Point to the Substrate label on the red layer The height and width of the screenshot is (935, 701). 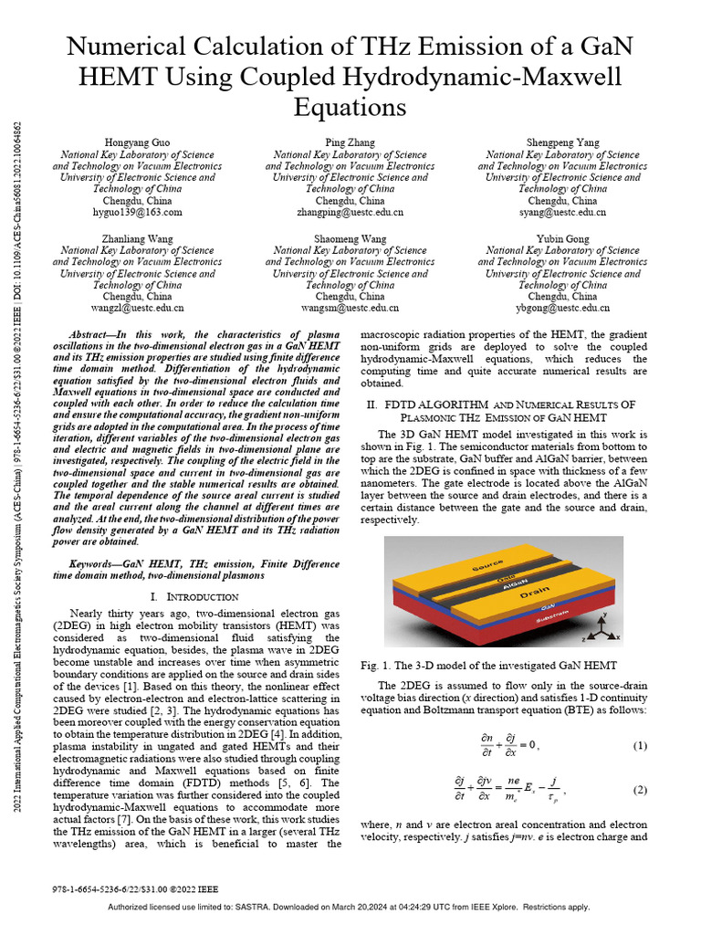[x=566, y=620]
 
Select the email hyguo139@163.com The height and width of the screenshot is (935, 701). [x=138, y=212]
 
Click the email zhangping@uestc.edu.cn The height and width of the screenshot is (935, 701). [x=350, y=212]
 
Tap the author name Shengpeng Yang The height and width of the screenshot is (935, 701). [x=562, y=143]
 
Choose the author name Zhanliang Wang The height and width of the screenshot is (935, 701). [x=138, y=238]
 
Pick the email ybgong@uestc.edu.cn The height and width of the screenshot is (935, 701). [x=562, y=309]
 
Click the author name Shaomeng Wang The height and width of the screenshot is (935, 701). [x=350, y=238]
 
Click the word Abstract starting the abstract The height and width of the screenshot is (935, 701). [x=91, y=335]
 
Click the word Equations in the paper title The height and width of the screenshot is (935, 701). [x=350, y=108]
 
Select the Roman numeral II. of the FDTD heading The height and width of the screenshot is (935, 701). [x=372, y=404]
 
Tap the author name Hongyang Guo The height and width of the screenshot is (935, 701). [x=138, y=143]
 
